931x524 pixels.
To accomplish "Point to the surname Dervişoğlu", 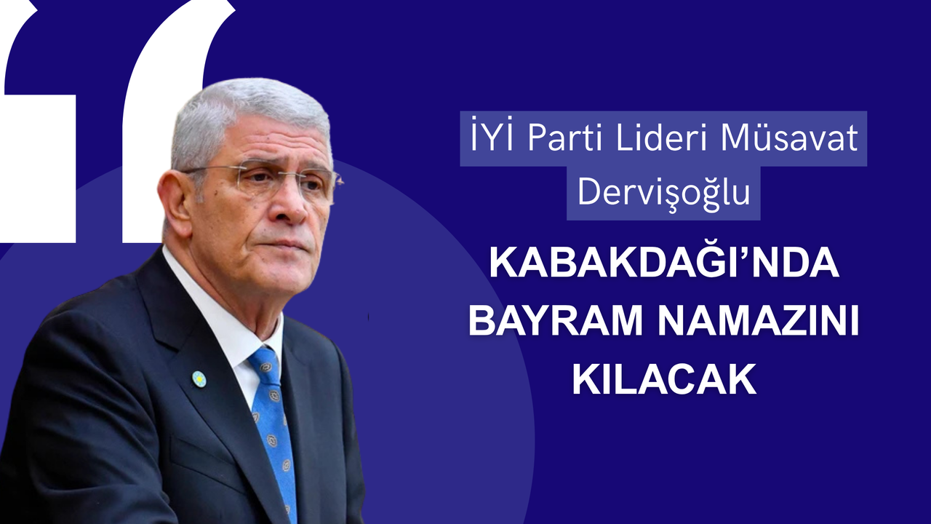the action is tap(664, 194).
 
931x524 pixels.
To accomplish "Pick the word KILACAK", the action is tap(664, 381).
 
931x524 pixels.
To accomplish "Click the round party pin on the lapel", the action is tap(199, 379).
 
